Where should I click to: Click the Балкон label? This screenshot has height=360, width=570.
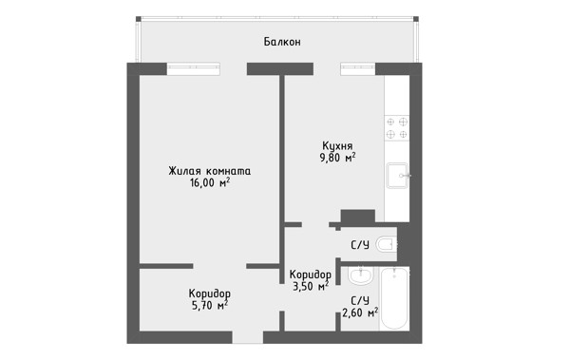pyautogui.click(x=282, y=42)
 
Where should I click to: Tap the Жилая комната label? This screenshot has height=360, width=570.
pyautogui.click(x=209, y=171)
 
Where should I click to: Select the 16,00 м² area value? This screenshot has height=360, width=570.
pyautogui.click(x=209, y=182)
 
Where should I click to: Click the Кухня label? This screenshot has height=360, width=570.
pyautogui.click(x=337, y=146)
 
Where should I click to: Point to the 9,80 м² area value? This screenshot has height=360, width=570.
pyautogui.click(x=337, y=158)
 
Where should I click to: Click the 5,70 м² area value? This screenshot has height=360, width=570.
pyautogui.click(x=209, y=306)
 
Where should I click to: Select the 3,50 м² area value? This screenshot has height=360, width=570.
pyautogui.click(x=311, y=287)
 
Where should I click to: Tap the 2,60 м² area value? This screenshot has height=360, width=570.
pyautogui.click(x=359, y=313)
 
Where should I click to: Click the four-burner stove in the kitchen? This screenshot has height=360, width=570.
pyautogui.click(x=397, y=128)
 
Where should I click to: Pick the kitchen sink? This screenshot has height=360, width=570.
pyautogui.click(x=397, y=176)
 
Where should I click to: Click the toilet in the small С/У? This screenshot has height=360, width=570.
pyautogui.click(x=386, y=244)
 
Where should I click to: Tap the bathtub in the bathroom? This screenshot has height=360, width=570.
pyautogui.click(x=394, y=298)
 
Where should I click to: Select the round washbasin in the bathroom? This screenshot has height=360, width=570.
pyautogui.click(x=360, y=275)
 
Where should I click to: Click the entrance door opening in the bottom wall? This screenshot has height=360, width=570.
pyautogui.click(x=248, y=337)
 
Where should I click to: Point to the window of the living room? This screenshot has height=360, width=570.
pyautogui.click(x=194, y=68)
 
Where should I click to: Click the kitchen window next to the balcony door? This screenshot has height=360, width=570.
pyautogui.click(x=358, y=68)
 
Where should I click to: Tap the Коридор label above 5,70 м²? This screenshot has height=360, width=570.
pyautogui.click(x=209, y=294)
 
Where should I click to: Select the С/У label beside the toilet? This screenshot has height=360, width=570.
pyautogui.click(x=360, y=245)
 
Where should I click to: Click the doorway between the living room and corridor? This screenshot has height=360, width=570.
pyautogui.click(x=219, y=266)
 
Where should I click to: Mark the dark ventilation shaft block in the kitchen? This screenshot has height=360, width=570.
pyautogui.click(x=358, y=217)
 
